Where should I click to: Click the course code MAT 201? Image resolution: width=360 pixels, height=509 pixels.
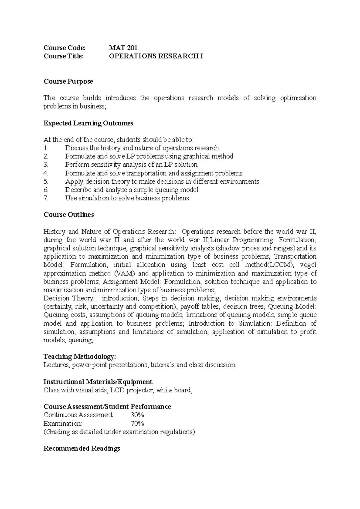coord(123,48)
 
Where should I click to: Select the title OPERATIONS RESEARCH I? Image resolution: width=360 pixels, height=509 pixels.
coord(156,56)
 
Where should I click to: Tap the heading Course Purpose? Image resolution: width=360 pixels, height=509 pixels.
coord(68,82)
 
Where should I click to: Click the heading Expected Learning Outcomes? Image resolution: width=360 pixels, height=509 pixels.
coord(88,123)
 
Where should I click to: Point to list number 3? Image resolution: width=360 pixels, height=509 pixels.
coord(46,165)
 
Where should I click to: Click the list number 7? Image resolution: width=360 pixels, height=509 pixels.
coord(46,198)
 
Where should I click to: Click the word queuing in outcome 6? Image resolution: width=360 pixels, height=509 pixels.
coord(168,190)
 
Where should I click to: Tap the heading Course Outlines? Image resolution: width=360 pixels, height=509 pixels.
coord(69,215)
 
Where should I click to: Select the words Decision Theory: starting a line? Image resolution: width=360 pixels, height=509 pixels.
coord(69,298)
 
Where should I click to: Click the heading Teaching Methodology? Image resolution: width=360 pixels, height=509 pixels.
coord(79,357)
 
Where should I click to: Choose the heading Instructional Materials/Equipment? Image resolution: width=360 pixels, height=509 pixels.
coord(98,382)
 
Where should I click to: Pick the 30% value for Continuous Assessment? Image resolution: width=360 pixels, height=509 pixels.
coord(137,415)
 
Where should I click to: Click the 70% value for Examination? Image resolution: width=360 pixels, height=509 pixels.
coord(137,424)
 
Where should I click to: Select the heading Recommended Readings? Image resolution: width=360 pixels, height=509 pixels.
coord(82,448)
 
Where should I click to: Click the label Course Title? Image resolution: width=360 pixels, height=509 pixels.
coord(64,56)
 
